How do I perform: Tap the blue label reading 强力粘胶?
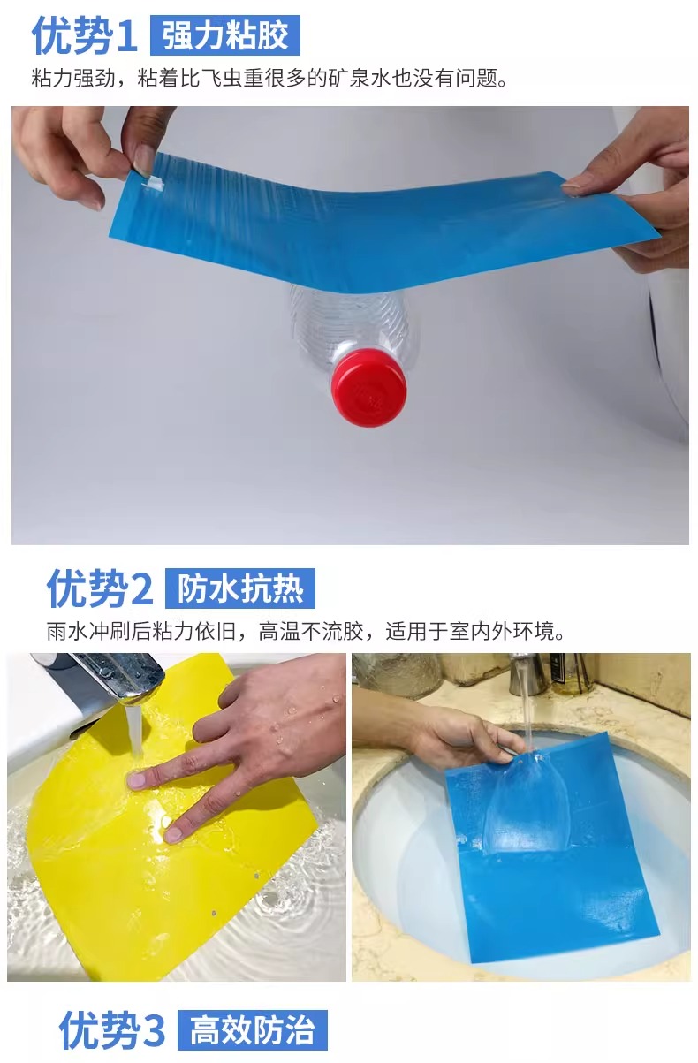coord(225,35)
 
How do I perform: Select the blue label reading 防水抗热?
coord(239,588)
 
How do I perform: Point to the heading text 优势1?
coord(86,35)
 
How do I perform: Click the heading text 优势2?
coord(100,588)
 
